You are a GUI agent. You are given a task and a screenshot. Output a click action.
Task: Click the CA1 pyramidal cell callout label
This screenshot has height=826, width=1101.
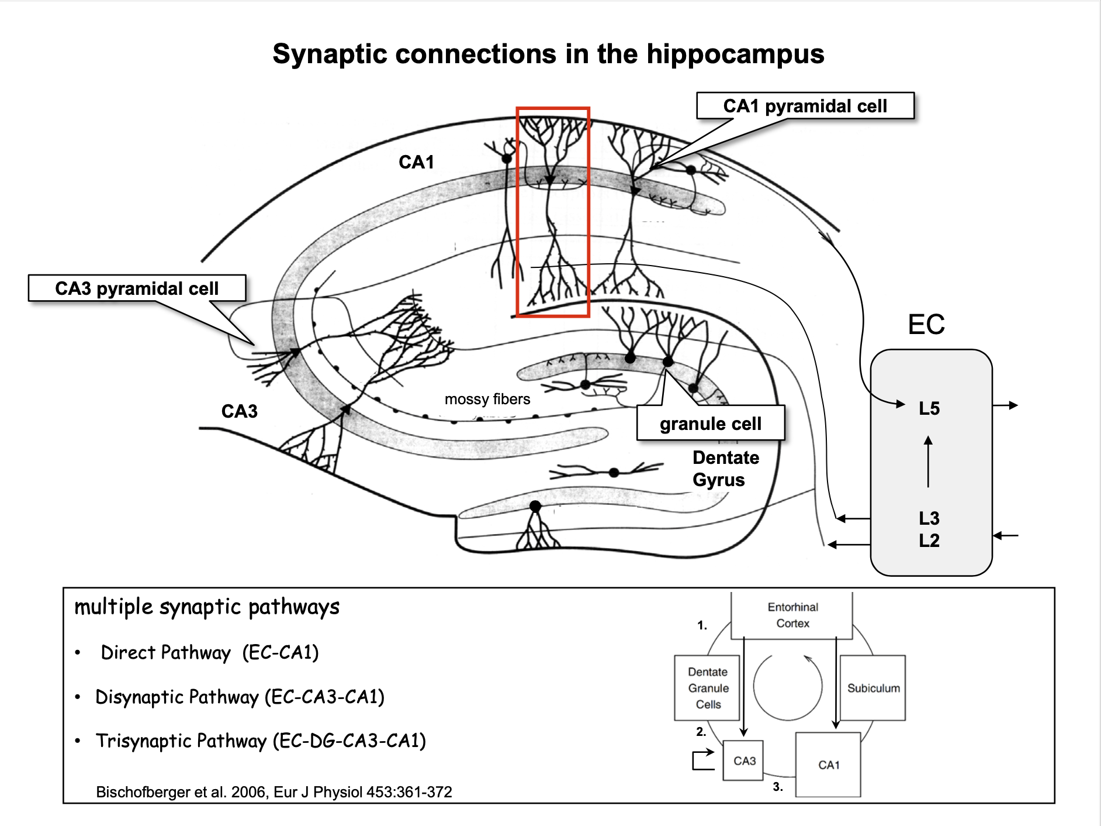point(805,106)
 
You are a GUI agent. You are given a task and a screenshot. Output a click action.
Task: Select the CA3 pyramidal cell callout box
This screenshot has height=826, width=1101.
point(137,288)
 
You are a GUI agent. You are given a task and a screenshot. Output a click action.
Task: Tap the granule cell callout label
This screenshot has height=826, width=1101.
point(711,424)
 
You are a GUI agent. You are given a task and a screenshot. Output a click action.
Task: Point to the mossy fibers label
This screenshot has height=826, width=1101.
point(487,400)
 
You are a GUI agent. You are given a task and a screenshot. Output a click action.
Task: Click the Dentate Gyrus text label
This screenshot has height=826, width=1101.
point(725,469)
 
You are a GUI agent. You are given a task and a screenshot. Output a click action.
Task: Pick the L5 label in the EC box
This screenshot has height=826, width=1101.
point(929,408)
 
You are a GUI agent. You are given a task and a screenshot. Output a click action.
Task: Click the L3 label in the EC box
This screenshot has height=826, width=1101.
point(929,518)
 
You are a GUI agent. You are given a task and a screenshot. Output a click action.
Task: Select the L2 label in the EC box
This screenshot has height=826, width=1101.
point(929,541)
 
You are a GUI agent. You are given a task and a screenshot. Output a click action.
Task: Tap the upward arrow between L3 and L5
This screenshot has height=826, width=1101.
point(928,462)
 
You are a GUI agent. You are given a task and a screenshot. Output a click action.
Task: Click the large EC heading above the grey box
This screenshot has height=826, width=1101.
point(926,325)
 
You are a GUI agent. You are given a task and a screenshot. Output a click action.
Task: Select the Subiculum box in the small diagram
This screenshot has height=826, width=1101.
point(873,688)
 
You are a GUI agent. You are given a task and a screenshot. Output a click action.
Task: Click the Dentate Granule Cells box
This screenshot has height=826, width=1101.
point(708,688)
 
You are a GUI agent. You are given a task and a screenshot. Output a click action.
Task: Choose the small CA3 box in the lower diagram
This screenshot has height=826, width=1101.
point(744,760)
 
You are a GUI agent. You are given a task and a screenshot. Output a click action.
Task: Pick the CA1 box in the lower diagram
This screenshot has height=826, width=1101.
point(828,765)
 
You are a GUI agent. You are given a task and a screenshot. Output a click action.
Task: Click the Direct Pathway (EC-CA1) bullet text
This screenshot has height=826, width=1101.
point(209,653)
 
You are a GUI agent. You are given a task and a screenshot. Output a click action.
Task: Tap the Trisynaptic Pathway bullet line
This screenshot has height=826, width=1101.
point(261,741)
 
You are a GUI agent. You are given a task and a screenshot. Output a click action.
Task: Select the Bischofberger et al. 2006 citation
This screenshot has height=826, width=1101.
point(273,792)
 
